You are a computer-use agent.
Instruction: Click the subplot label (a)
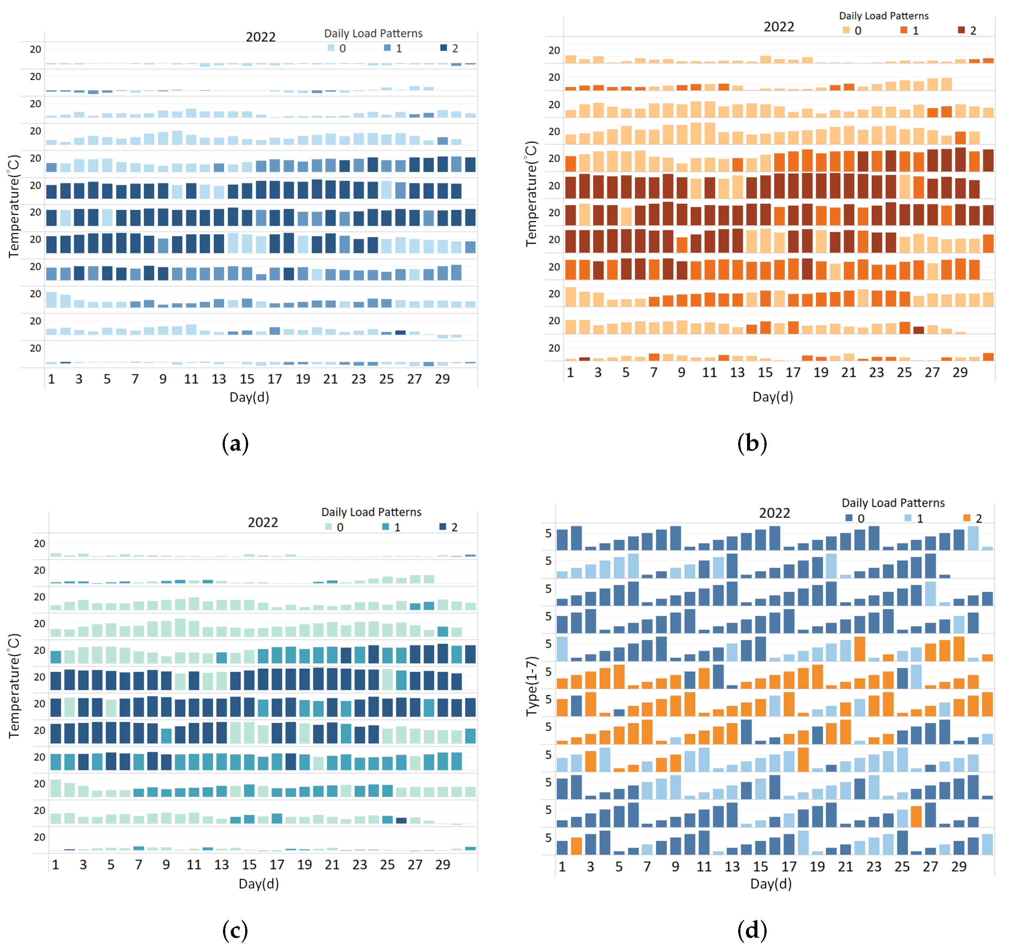click(x=235, y=444)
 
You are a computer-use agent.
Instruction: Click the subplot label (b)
click(x=752, y=443)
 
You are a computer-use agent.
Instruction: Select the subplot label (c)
click(x=235, y=930)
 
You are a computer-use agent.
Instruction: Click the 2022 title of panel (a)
click(x=261, y=37)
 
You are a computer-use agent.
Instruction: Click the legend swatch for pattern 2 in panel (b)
click(x=961, y=30)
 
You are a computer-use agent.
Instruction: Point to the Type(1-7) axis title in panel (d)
click(x=531, y=686)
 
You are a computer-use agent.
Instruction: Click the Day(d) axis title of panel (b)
click(x=773, y=397)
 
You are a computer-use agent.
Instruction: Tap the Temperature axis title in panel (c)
click(x=14, y=686)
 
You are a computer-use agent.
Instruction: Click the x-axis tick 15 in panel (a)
click(x=247, y=379)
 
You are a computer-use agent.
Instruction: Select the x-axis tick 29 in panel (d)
click(x=959, y=867)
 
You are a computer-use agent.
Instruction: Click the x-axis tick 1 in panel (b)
click(x=570, y=372)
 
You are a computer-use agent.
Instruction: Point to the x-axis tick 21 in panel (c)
click(x=332, y=865)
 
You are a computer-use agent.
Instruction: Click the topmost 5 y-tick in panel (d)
click(x=548, y=533)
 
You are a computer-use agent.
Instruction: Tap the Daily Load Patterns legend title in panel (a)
click(x=374, y=34)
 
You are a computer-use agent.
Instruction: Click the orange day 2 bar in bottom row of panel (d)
click(x=576, y=846)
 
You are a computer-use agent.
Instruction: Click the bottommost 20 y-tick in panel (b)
click(x=554, y=348)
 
